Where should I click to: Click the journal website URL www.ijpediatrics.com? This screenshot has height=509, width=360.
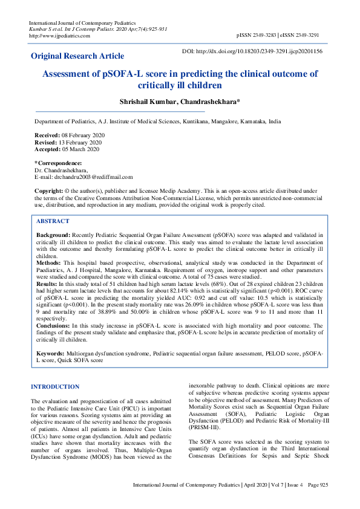pyautogui.click(x=60, y=36)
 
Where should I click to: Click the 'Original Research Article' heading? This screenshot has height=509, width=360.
pyautogui.click(x=77, y=56)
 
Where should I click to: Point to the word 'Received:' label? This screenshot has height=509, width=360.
pyautogui.click(x=47, y=135)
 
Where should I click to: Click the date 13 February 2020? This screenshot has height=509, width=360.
pyautogui.click(x=76, y=142)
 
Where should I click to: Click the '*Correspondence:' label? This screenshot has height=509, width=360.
pyautogui.click(x=58, y=163)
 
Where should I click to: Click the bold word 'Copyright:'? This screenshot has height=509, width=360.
pyautogui.click(x=48, y=191)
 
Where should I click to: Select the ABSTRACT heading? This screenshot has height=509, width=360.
pyautogui.click(x=53, y=221)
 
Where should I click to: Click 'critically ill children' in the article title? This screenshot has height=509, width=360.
pyautogui.click(x=180, y=86)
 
